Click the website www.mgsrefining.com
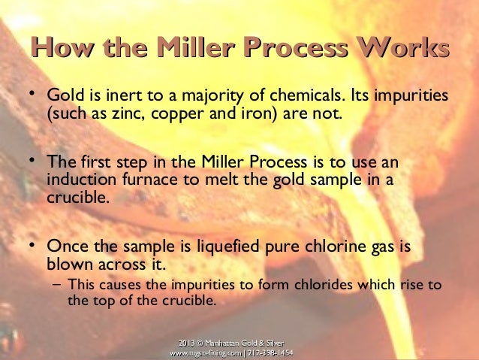tap(204, 352)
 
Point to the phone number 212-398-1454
tap(270, 352)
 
